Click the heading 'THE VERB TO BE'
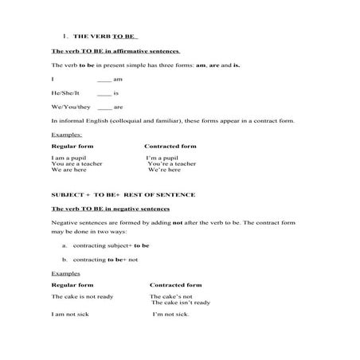click(105, 37)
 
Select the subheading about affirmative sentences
click(115, 51)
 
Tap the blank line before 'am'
click(104, 80)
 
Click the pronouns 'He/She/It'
click(66, 93)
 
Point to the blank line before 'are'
click(104, 107)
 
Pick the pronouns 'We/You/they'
click(68, 106)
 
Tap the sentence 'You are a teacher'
click(78, 164)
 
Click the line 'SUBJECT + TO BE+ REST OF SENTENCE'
click(123, 194)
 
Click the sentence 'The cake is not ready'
click(82, 295)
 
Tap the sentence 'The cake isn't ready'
click(181, 302)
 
